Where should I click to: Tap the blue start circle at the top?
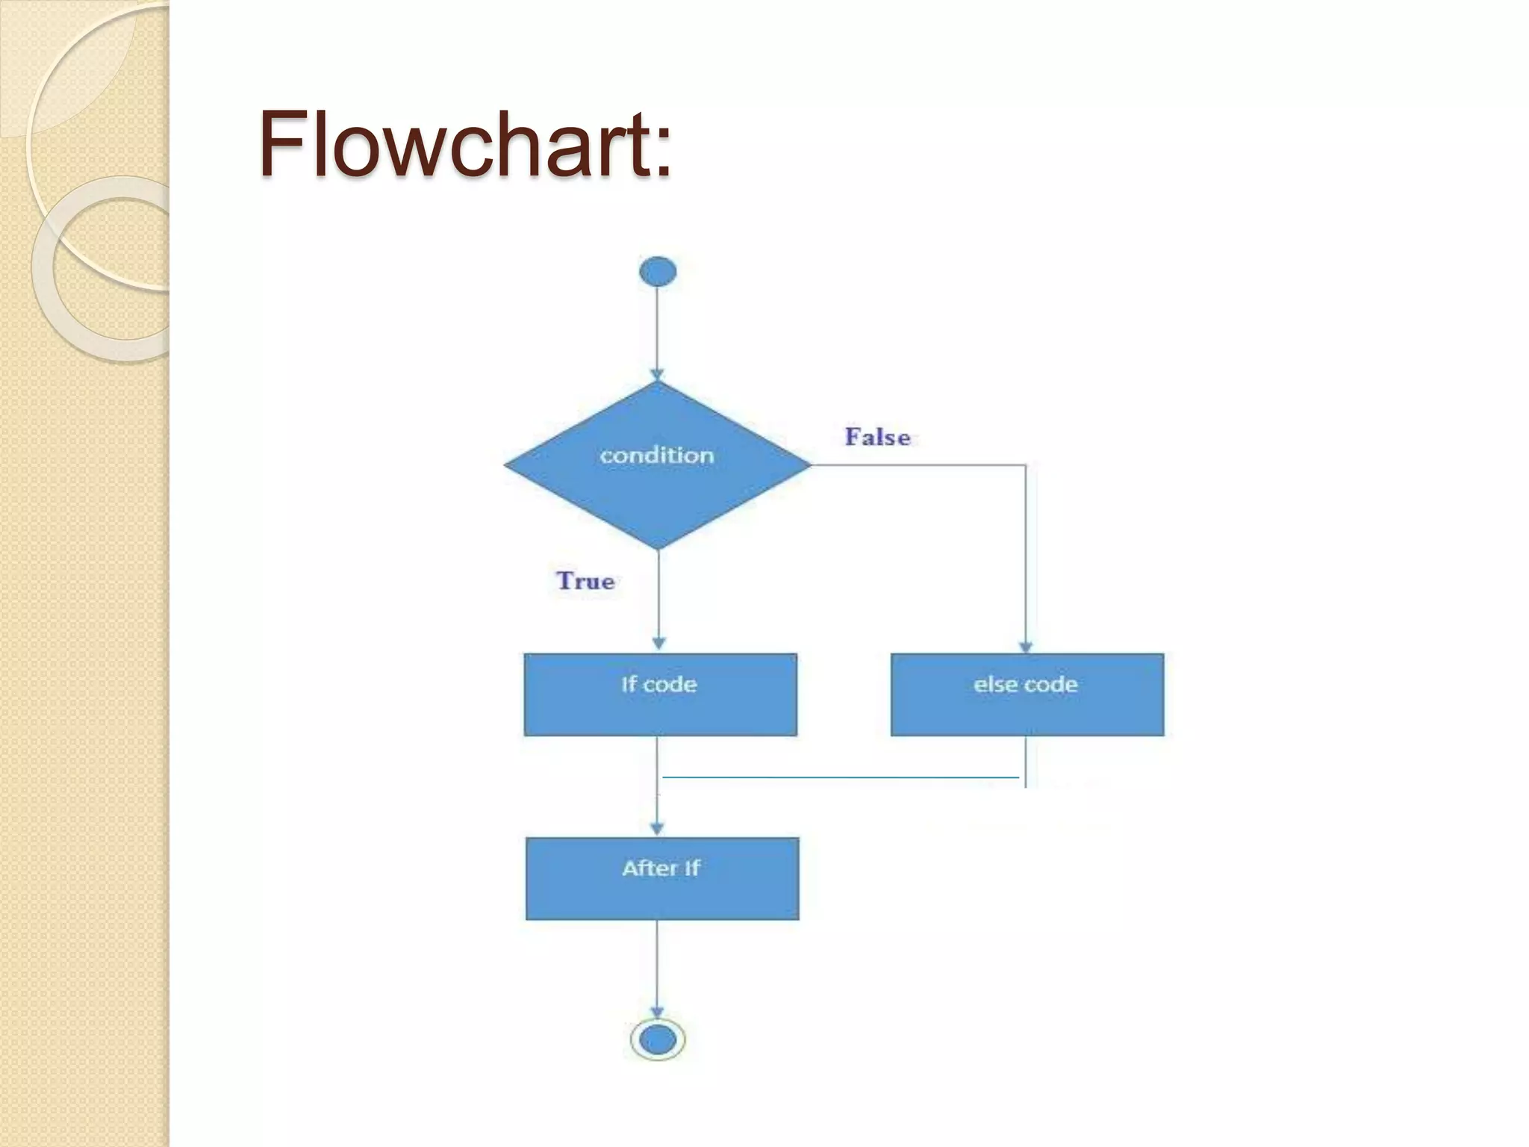coord(658,271)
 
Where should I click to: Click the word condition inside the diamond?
coord(657,456)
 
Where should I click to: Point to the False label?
coord(877,437)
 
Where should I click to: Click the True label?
coord(585,581)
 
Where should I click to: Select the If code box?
coord(660,694)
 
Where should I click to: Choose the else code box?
coord(1027,694)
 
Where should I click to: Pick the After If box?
coord(662,878)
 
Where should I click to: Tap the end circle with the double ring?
coord(658,1039)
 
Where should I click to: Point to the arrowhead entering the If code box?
coord(658,643)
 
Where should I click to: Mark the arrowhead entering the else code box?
coord(1026,647)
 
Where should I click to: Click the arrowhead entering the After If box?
coord(657,828)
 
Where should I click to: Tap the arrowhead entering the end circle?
coord(658,1012)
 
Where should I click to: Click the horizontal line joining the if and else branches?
coord(840,777)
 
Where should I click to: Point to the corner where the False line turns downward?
coord(1026,466)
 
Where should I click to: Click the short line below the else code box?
coord(1026,762)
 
